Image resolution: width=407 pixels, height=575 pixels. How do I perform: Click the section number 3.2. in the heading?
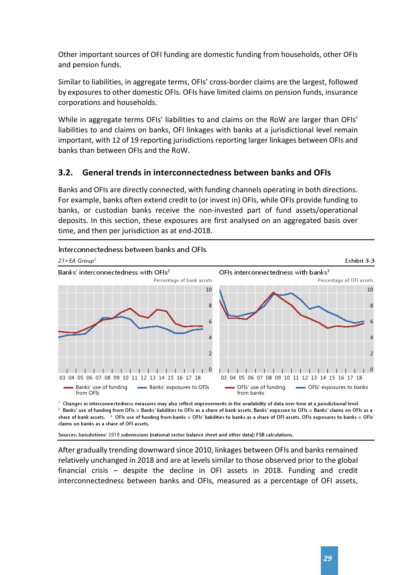(65, 173)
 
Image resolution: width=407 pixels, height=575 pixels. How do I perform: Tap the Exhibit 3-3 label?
(359, 261)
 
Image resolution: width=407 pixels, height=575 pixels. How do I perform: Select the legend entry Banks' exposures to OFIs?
(179, 387)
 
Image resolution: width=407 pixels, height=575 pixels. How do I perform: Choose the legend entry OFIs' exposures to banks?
(338, 387)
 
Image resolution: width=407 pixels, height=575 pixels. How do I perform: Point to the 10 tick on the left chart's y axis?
(209, 290)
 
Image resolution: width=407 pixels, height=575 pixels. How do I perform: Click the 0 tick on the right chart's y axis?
(371, 370)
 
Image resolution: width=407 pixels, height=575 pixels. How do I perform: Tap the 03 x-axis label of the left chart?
(62, 378)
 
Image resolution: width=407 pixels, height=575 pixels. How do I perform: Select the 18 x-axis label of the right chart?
(359, 378)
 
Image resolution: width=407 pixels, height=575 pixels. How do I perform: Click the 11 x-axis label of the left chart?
(135, 378)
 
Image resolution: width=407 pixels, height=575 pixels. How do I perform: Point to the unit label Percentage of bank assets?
(183, 280)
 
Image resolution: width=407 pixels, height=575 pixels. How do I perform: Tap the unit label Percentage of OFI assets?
(345, 280)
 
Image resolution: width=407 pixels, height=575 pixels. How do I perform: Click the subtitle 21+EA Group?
(77, 261)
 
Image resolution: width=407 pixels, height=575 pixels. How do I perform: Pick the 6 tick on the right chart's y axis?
(371, 322)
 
